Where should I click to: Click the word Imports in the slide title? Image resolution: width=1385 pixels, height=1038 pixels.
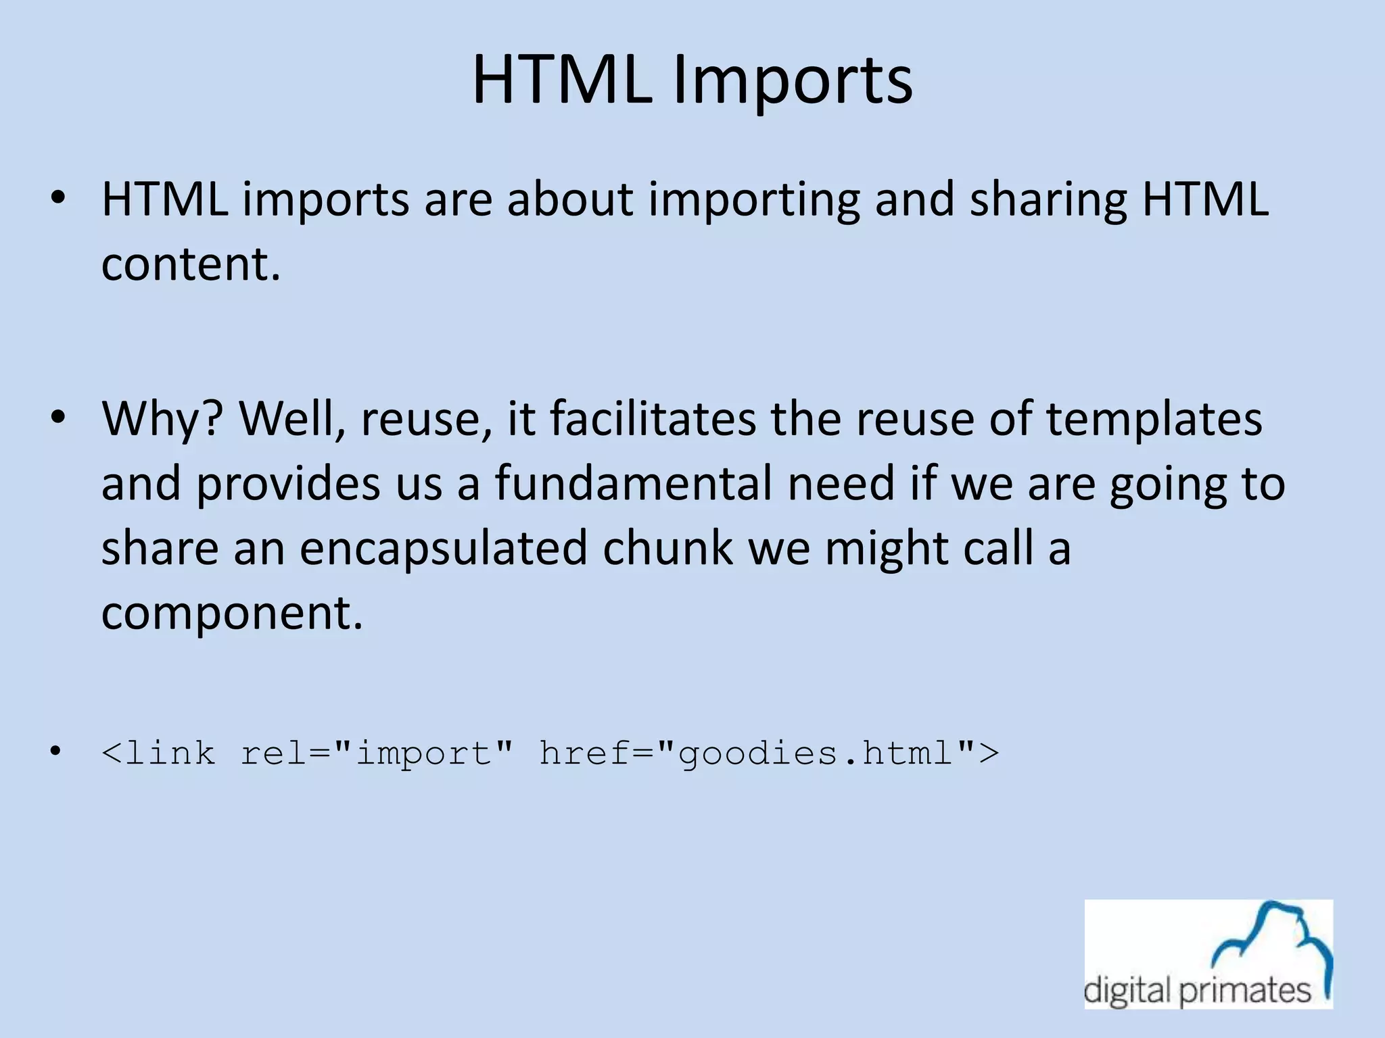tap(793, 81)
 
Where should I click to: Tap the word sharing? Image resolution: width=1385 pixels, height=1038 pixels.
tap(1048, 200)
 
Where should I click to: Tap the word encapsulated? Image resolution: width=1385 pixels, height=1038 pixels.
tap(444, 547)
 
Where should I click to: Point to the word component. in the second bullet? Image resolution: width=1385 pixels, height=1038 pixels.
tap(232, 614)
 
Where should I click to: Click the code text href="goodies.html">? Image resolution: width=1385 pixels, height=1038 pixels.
tap(769, 753)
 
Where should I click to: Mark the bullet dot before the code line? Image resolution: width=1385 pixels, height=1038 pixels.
tap(56, 751)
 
